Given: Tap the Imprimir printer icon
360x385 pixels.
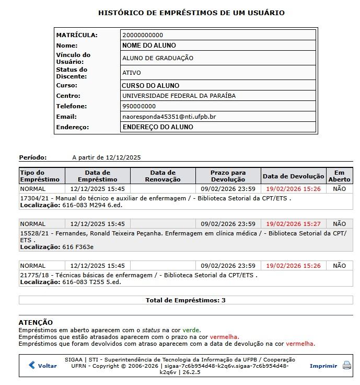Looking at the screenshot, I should [x=346, y=366].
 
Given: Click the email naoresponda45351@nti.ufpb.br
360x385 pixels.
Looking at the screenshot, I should [x=169, y=117].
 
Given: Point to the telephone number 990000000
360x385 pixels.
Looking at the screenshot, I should [x=138, y=106].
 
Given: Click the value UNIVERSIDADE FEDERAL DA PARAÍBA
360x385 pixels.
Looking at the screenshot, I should [x=179, y=96].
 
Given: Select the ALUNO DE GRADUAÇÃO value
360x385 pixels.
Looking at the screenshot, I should [x=157, y=58].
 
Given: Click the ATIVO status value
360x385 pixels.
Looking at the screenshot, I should [x=131, y=73].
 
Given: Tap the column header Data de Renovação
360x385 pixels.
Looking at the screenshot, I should [x=162, y=176].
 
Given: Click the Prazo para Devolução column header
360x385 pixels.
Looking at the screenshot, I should [x=228, y=176].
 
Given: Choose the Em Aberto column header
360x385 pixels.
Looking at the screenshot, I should [x=339, y=176].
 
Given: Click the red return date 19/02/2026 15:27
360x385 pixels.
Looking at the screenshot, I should [x=293, y=224].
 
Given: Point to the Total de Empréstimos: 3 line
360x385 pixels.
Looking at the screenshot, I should [x=185, y=300].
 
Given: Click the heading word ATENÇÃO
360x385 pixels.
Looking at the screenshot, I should [x=36, y=322].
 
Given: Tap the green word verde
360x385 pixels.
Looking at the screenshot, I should [x=191, y=330].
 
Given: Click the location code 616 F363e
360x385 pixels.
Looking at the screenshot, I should [x=78, y=246].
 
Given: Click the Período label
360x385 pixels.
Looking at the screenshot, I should [x=33, y=157].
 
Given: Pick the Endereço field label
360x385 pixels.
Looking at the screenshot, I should [x=73, y=127].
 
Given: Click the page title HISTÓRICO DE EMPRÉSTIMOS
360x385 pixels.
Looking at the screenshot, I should [x=191, y=13].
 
